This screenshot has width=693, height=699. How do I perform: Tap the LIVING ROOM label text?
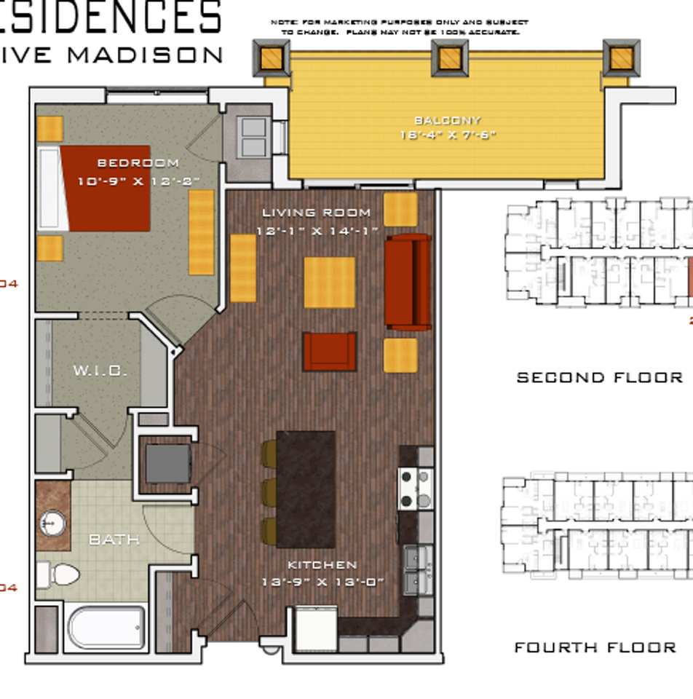317,213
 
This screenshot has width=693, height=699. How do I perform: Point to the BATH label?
114,540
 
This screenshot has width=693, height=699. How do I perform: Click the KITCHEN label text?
322,565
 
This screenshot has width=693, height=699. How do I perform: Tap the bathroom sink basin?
53,522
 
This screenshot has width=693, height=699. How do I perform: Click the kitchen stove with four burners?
415,489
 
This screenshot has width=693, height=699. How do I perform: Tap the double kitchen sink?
418,570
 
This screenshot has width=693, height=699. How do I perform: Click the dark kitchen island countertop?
306,489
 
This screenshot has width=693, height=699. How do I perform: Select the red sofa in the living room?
408,282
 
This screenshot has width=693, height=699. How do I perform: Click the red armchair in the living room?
330,351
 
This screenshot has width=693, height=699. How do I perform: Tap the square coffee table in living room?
329,282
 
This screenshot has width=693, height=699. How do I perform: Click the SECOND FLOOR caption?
600,377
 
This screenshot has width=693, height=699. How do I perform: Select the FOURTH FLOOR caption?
595,647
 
